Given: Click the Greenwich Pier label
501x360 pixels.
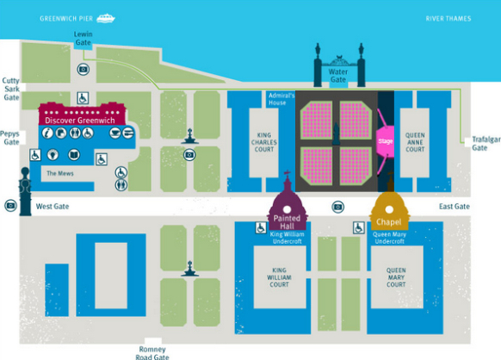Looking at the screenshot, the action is point(66,19).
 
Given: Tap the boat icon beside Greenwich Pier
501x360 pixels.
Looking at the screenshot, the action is point(106,18).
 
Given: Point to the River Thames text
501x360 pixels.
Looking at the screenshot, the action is point(448,19).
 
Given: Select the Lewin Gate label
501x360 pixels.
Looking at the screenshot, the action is point(83,39).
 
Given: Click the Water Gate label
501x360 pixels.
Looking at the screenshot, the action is point(338,76).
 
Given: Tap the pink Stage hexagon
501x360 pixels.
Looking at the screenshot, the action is point(385,141).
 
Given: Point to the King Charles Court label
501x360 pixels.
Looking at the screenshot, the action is point(264,142).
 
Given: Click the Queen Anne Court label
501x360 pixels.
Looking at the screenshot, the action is point(415,142).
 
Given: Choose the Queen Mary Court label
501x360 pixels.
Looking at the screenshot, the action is point(396,277).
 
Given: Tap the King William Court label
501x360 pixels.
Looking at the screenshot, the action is point(279,277).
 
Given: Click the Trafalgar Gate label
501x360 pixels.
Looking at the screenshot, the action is point(486,144).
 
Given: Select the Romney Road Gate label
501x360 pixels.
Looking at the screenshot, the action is point(152,353).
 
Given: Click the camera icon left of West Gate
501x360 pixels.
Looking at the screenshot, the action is point(10,205).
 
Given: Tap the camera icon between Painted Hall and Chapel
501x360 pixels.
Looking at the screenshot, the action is point(337,208).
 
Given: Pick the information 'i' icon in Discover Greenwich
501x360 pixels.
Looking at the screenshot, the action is point(47,133).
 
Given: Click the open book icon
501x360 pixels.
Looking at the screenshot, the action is point(74,155).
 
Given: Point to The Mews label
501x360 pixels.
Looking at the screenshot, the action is point(60,173).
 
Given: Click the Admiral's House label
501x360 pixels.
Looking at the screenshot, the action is point(281,99).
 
